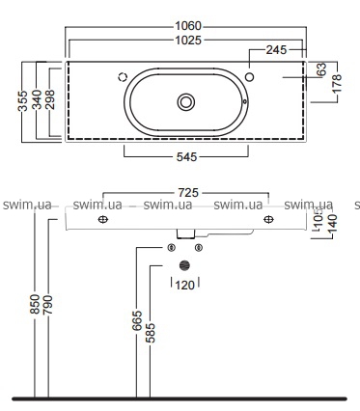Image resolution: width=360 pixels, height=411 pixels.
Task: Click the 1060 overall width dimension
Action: pos(188,26)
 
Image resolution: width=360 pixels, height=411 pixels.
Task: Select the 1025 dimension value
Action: pos(188,41)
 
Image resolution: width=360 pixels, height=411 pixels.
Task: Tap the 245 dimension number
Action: pos(276,50)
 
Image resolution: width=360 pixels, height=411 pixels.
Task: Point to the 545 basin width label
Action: pos(186,157)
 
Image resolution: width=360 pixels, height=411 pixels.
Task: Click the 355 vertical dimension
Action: pos(23,101)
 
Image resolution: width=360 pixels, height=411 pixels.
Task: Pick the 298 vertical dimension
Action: pos(50,99)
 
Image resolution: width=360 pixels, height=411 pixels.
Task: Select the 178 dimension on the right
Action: pos(337,84)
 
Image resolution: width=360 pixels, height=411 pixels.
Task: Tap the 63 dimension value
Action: pos(321,69)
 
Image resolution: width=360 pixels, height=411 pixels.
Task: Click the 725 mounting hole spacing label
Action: pos(188,193)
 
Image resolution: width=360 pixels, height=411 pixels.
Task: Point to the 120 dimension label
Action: pos(185,285)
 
